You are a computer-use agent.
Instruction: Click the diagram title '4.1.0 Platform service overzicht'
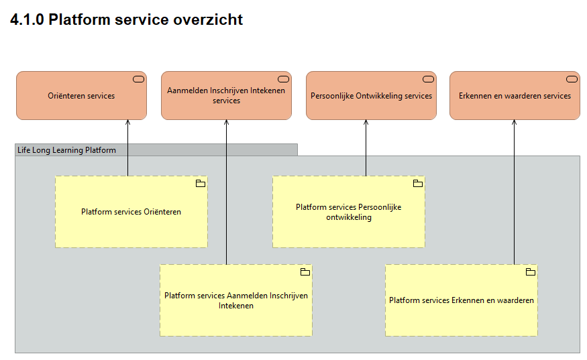pos(127,20)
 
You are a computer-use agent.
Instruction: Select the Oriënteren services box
pos(81,96)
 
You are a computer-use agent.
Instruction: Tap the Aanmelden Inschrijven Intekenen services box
pos(226,96)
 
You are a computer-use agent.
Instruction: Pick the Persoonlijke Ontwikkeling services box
pos(371,96)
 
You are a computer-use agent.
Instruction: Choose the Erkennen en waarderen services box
pos(515,96)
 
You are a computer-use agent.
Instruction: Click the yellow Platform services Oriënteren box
pos(131,212)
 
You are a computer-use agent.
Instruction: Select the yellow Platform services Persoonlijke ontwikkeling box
pos(348,212)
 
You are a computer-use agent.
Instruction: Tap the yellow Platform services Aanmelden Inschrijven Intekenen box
pos(236,300)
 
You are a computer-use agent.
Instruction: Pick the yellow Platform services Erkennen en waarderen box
pos(462,300)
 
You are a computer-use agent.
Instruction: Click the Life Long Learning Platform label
pos(66,150)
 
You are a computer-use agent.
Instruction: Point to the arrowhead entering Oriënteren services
pos(127,123)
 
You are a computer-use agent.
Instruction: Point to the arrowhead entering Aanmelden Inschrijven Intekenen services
pos(226,123)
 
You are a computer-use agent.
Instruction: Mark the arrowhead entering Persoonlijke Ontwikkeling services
pos(366,123)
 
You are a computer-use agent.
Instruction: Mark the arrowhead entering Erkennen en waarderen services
pos(514,123)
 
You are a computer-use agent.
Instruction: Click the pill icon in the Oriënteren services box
pos(138,79)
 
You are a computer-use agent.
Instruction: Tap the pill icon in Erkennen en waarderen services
pos(572,79)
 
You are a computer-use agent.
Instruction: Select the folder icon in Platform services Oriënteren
pos(200,184)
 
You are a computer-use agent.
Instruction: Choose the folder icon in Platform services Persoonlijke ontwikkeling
pos(417,184)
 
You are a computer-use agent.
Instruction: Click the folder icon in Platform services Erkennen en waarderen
pos(530,272)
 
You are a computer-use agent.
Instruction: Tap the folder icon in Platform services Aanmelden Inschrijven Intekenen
pos(305,272)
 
